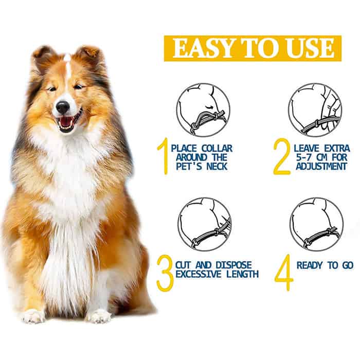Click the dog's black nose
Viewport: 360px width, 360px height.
63,107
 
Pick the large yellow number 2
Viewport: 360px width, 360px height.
282,157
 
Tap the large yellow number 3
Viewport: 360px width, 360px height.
165,273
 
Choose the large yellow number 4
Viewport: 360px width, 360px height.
284,273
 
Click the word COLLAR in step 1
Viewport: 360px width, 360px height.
217,148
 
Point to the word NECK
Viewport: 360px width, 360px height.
217,166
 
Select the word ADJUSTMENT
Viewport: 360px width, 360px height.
321,166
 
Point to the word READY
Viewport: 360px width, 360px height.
310,265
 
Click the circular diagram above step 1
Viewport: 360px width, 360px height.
203,110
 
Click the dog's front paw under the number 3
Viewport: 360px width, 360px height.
98,316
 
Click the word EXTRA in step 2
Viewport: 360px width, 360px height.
337,148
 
